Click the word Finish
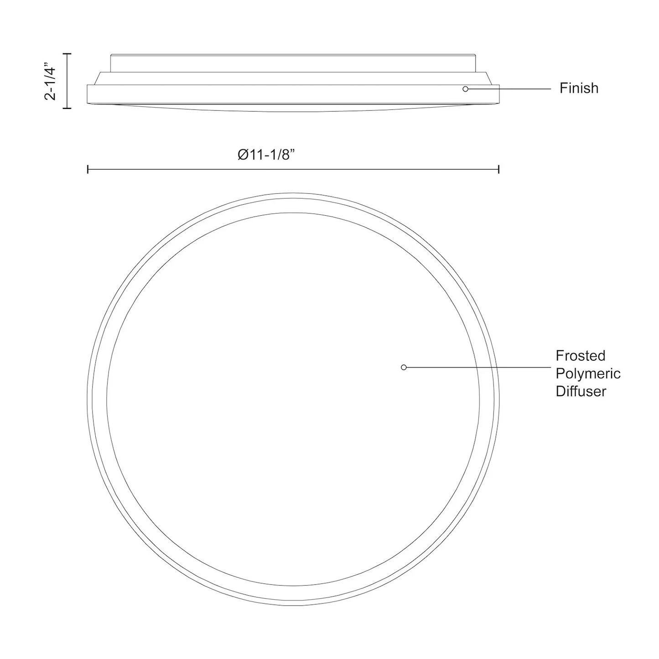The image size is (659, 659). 579,88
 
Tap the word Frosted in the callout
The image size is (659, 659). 580,356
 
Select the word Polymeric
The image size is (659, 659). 588,374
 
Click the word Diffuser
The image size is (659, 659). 581,391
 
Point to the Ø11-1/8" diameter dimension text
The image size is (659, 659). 267,155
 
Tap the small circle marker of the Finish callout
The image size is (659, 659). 465,89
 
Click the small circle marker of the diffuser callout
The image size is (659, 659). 404,367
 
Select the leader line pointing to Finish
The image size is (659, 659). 509,89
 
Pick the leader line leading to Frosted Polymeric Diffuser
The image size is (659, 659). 477,367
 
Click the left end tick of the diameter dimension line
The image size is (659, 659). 88,170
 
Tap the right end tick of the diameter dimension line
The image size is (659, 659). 498,170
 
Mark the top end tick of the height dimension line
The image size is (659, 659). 67,54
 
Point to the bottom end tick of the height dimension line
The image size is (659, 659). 67,108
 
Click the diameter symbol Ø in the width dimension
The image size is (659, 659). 243,155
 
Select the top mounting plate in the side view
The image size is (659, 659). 293,63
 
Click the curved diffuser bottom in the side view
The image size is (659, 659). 293,108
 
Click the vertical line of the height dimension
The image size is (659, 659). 67,81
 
